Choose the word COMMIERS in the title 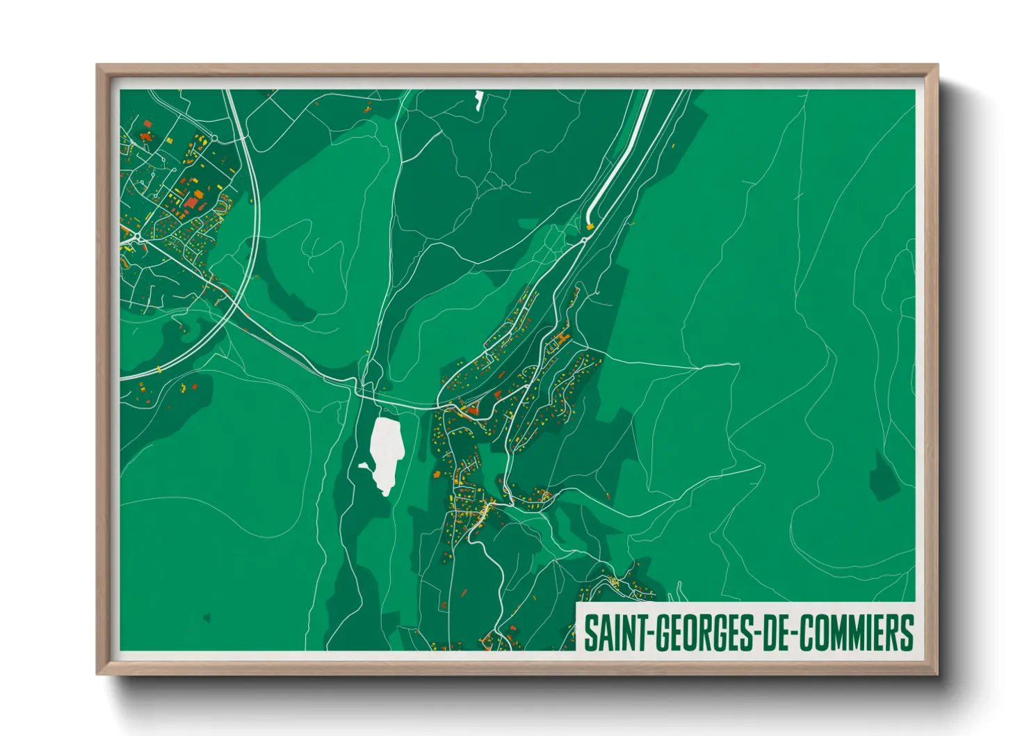[x=856, y=632]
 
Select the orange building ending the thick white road [x=590, y=225]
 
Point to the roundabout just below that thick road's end [x=584, y=239]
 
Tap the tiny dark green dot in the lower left [x=206, y=616]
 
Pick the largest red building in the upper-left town [x=191, y=202]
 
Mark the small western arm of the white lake [x=364, y=465]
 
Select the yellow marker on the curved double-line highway [x=159, y=368]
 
